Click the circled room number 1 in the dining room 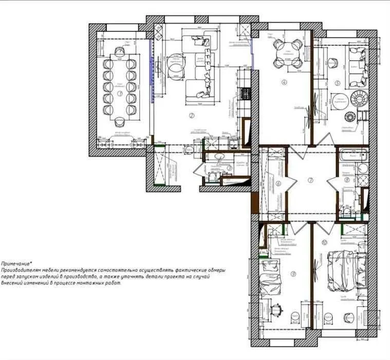[119, 94]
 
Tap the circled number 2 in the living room [192, 115]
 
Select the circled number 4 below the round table [283, 82]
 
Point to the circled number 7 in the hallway [310, 181]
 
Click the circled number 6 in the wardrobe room [278, 183]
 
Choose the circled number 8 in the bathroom [347, 180]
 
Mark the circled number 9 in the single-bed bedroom [293, 274]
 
